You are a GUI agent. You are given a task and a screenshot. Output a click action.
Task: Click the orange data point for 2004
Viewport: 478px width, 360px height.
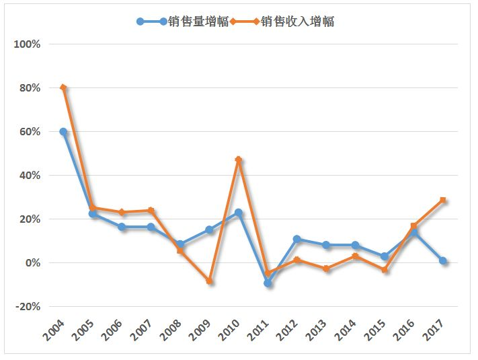[63, 87]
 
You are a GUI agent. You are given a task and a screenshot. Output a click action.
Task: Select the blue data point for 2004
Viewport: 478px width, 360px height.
[63, 132]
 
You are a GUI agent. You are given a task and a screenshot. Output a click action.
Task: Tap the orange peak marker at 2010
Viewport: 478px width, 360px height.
[239, 159]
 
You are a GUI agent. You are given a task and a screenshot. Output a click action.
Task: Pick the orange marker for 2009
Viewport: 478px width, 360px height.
[209, 281]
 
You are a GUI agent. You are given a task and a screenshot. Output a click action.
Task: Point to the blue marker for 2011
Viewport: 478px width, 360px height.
[268, 283]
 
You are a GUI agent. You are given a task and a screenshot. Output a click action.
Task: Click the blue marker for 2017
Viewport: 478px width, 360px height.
[443, 260]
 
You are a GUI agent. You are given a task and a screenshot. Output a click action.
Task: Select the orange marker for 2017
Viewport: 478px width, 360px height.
[443, 200]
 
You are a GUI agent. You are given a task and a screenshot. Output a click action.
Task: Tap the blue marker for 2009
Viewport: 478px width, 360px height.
[209, 229]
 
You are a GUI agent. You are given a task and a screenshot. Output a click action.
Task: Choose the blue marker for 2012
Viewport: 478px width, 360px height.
[296, 239]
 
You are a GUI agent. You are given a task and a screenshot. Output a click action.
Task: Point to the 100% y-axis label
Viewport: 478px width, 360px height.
[28, 44]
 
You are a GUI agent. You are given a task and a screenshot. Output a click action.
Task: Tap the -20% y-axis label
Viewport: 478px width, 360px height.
[28, 307]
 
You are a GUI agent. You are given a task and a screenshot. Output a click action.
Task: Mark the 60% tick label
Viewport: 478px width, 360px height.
[30, 132]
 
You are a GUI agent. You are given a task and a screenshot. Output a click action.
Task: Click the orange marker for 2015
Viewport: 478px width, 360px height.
[385, 270]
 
